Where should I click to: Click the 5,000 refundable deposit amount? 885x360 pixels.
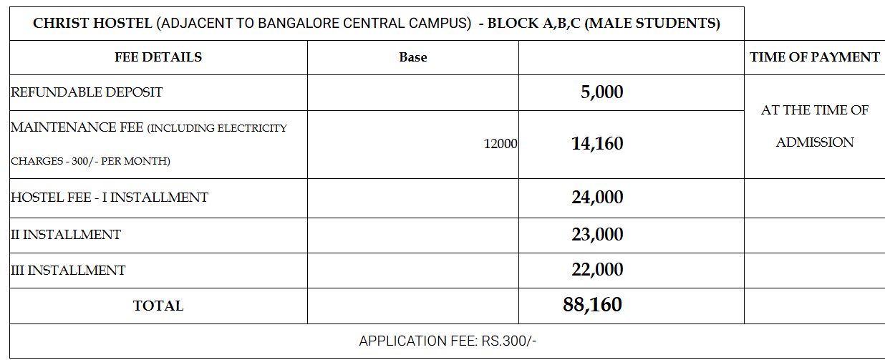pos(601,92)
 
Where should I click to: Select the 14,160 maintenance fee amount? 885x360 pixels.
pos(597,144)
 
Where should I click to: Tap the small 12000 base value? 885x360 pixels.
pos(500,144)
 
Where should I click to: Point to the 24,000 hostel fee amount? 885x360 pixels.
pos(597,198)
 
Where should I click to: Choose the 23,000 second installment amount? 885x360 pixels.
pos(597,235)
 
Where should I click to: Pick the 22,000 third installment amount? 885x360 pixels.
pos(597,270)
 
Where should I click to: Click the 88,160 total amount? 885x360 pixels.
pos(592,305)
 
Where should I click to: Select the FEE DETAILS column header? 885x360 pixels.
pos(158,57)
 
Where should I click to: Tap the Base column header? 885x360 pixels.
pos(413,57)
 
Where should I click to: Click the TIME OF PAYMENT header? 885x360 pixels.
pos(815,57)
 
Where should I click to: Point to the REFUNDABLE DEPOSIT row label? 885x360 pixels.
pos(87,92)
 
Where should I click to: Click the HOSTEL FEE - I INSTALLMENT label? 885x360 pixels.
pos(110,198)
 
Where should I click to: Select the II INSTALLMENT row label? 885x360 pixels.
pos(66,235)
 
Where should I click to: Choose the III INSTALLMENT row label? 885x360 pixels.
pos(68,271)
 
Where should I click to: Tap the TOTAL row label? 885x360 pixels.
pos(158,306)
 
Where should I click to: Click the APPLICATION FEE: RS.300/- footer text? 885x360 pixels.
pos(448,341)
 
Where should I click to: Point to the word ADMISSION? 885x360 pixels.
pos(815,142)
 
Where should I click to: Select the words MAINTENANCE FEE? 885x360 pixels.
pos(77,127)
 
